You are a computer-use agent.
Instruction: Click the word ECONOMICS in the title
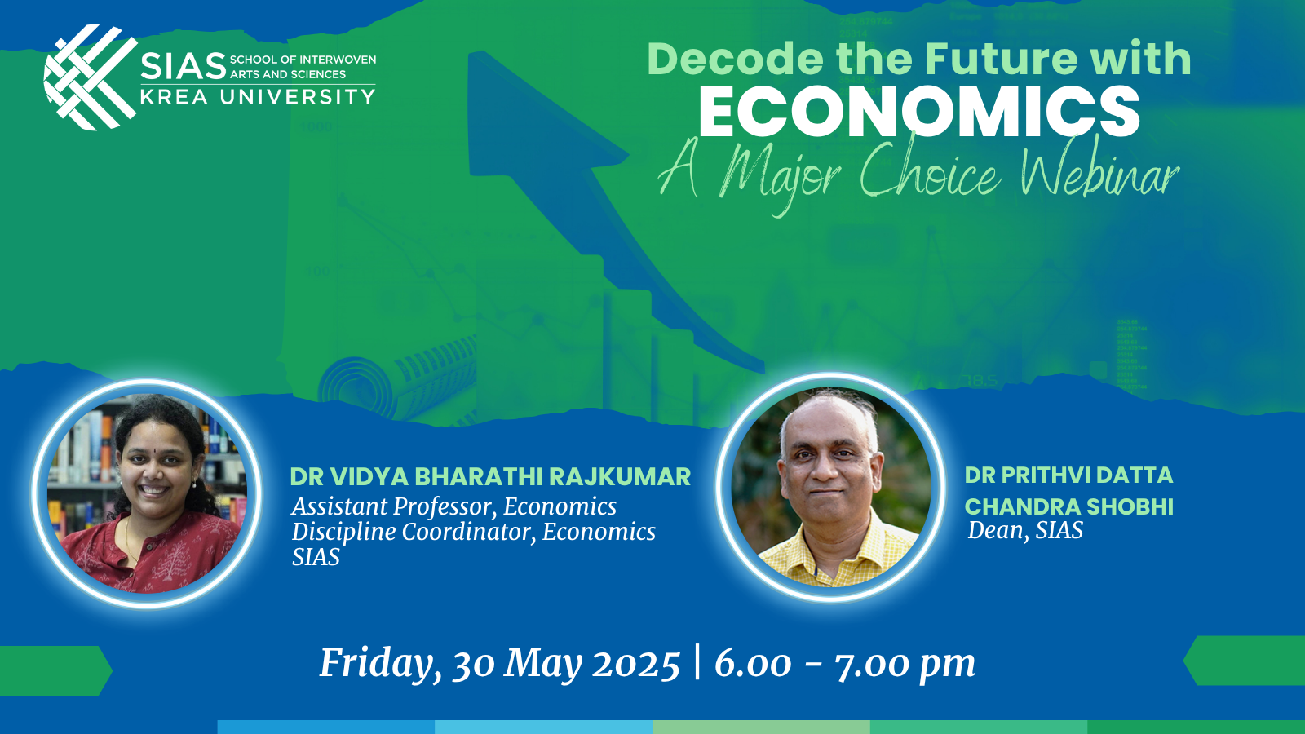point(918,113)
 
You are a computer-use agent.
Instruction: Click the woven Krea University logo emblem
point(90,77)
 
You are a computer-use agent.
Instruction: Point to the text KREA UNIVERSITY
point(258,97)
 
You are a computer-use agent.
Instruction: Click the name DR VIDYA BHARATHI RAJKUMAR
point(490,477)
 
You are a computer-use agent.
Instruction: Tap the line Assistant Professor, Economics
point(453,506)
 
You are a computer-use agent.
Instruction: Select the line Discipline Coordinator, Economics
point(473,532)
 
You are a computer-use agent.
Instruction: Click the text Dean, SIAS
point(1025,531)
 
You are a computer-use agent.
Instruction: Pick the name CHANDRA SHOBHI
point(1068,506)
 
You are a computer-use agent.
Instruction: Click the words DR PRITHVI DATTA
point(1068,475)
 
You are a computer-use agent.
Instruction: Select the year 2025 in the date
point(635,665)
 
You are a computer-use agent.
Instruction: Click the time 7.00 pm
point(905,665)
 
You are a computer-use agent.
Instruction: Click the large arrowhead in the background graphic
point(530,114)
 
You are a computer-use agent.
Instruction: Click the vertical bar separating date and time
point(697,661)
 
